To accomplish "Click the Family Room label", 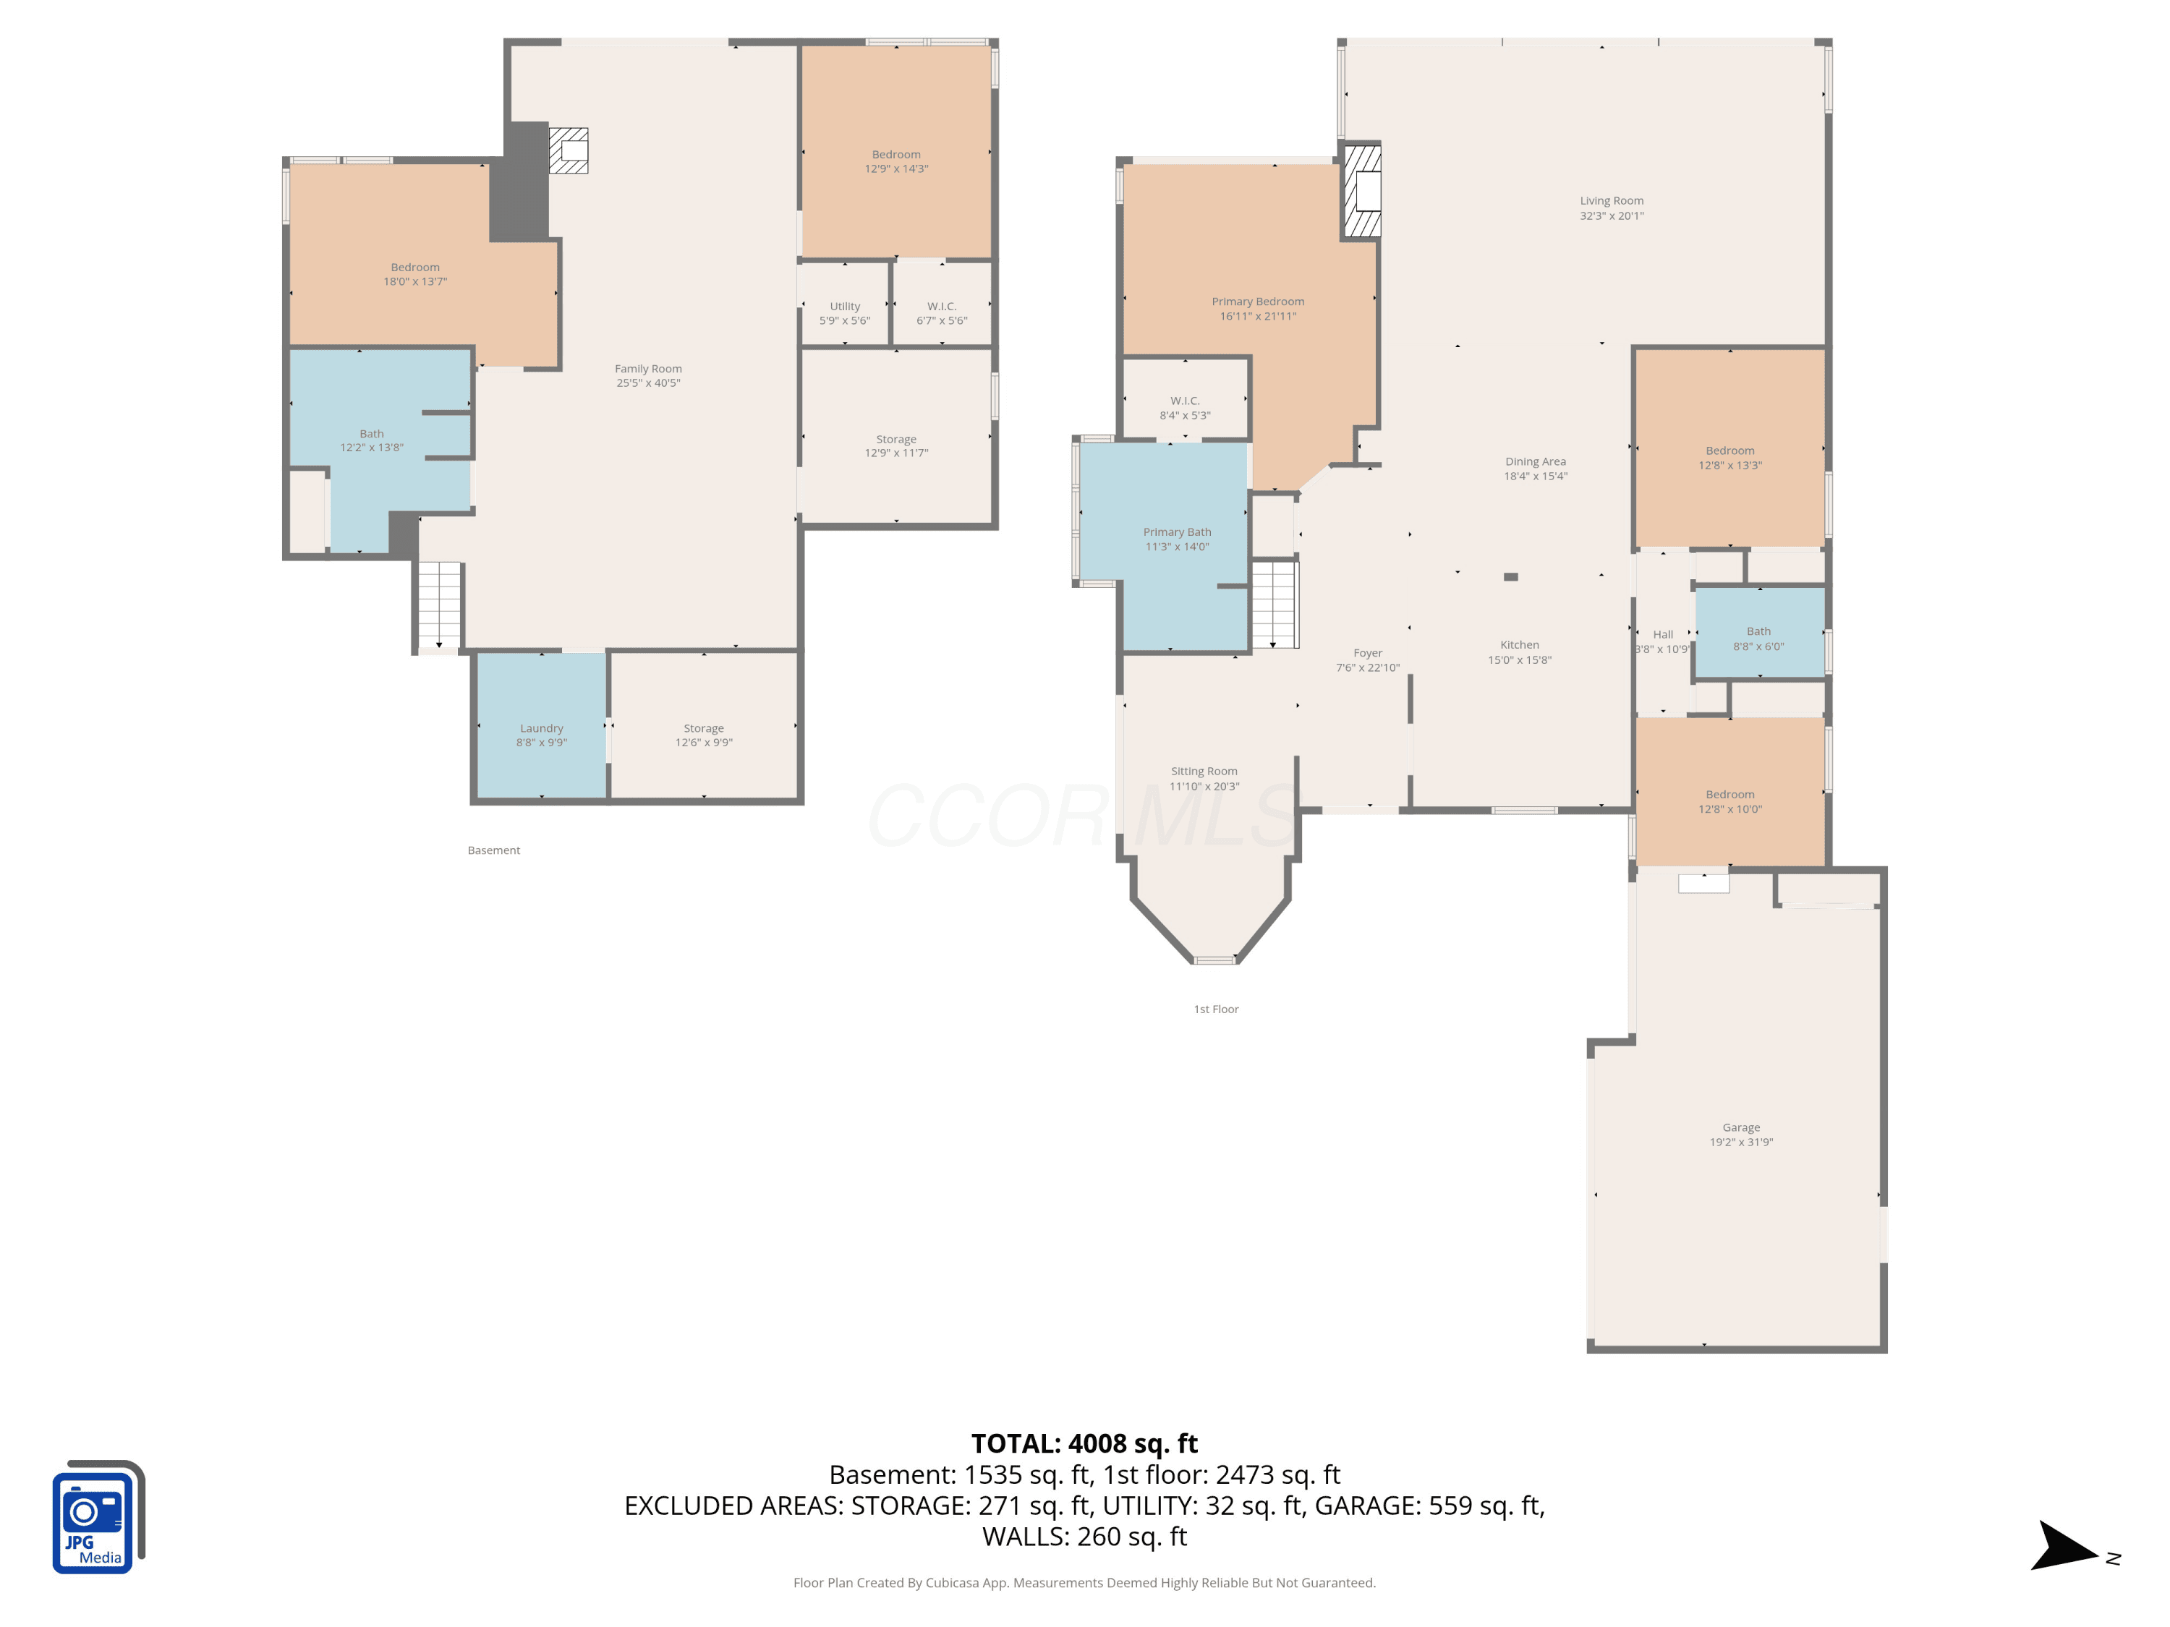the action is pos(647,369).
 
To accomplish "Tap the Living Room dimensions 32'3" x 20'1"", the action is pos(1612,215).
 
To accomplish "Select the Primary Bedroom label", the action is pos(1258,302).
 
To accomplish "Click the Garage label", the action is pos(1741,1128).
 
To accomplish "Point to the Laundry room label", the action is pos(542,729).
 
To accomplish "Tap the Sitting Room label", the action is pos(1204,771).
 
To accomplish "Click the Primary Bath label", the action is pos(1177,532).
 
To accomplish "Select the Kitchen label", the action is pos(1520,644).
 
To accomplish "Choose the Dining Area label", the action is pos(1536,462).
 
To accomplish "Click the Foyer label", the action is pos(1368,653).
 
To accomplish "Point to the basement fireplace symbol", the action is pos(568,150).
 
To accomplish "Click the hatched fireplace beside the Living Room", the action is pos(1361,191).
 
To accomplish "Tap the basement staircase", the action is pos(438,605).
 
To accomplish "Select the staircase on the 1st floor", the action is pos(1275,604).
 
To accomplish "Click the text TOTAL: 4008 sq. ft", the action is pos(1084,1443).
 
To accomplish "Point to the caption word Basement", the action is pos(493,850).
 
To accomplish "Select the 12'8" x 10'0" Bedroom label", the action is pos(1729,801).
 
